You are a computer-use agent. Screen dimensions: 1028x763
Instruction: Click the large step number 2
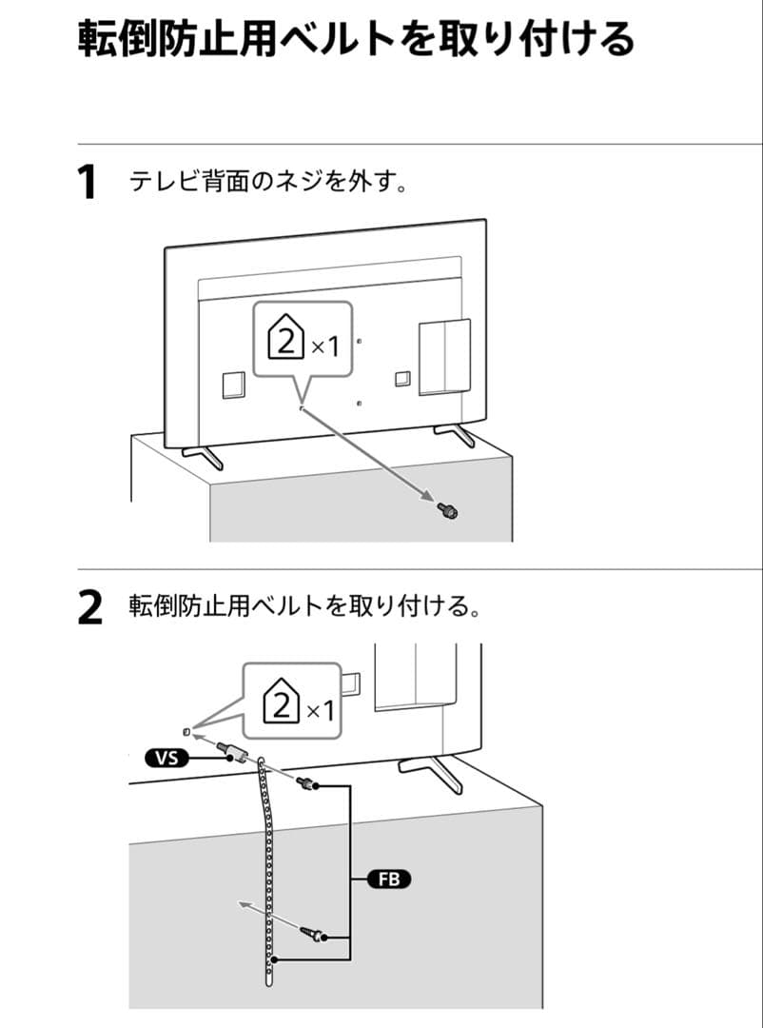tap(88, 608)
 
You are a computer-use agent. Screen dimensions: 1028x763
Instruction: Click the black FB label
tap(389, 880)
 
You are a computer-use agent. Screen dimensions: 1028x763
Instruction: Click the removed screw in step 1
tap(447, 511)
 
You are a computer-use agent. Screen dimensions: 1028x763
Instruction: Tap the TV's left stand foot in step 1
tap(204, 456)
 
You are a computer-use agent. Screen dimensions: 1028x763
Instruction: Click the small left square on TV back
tap(232, 384)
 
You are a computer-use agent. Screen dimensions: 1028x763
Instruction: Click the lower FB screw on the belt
tap(313, 934)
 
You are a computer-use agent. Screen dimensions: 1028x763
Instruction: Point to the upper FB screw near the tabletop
tap(307, 785)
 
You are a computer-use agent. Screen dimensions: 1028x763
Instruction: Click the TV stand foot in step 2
tap(432, 771)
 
